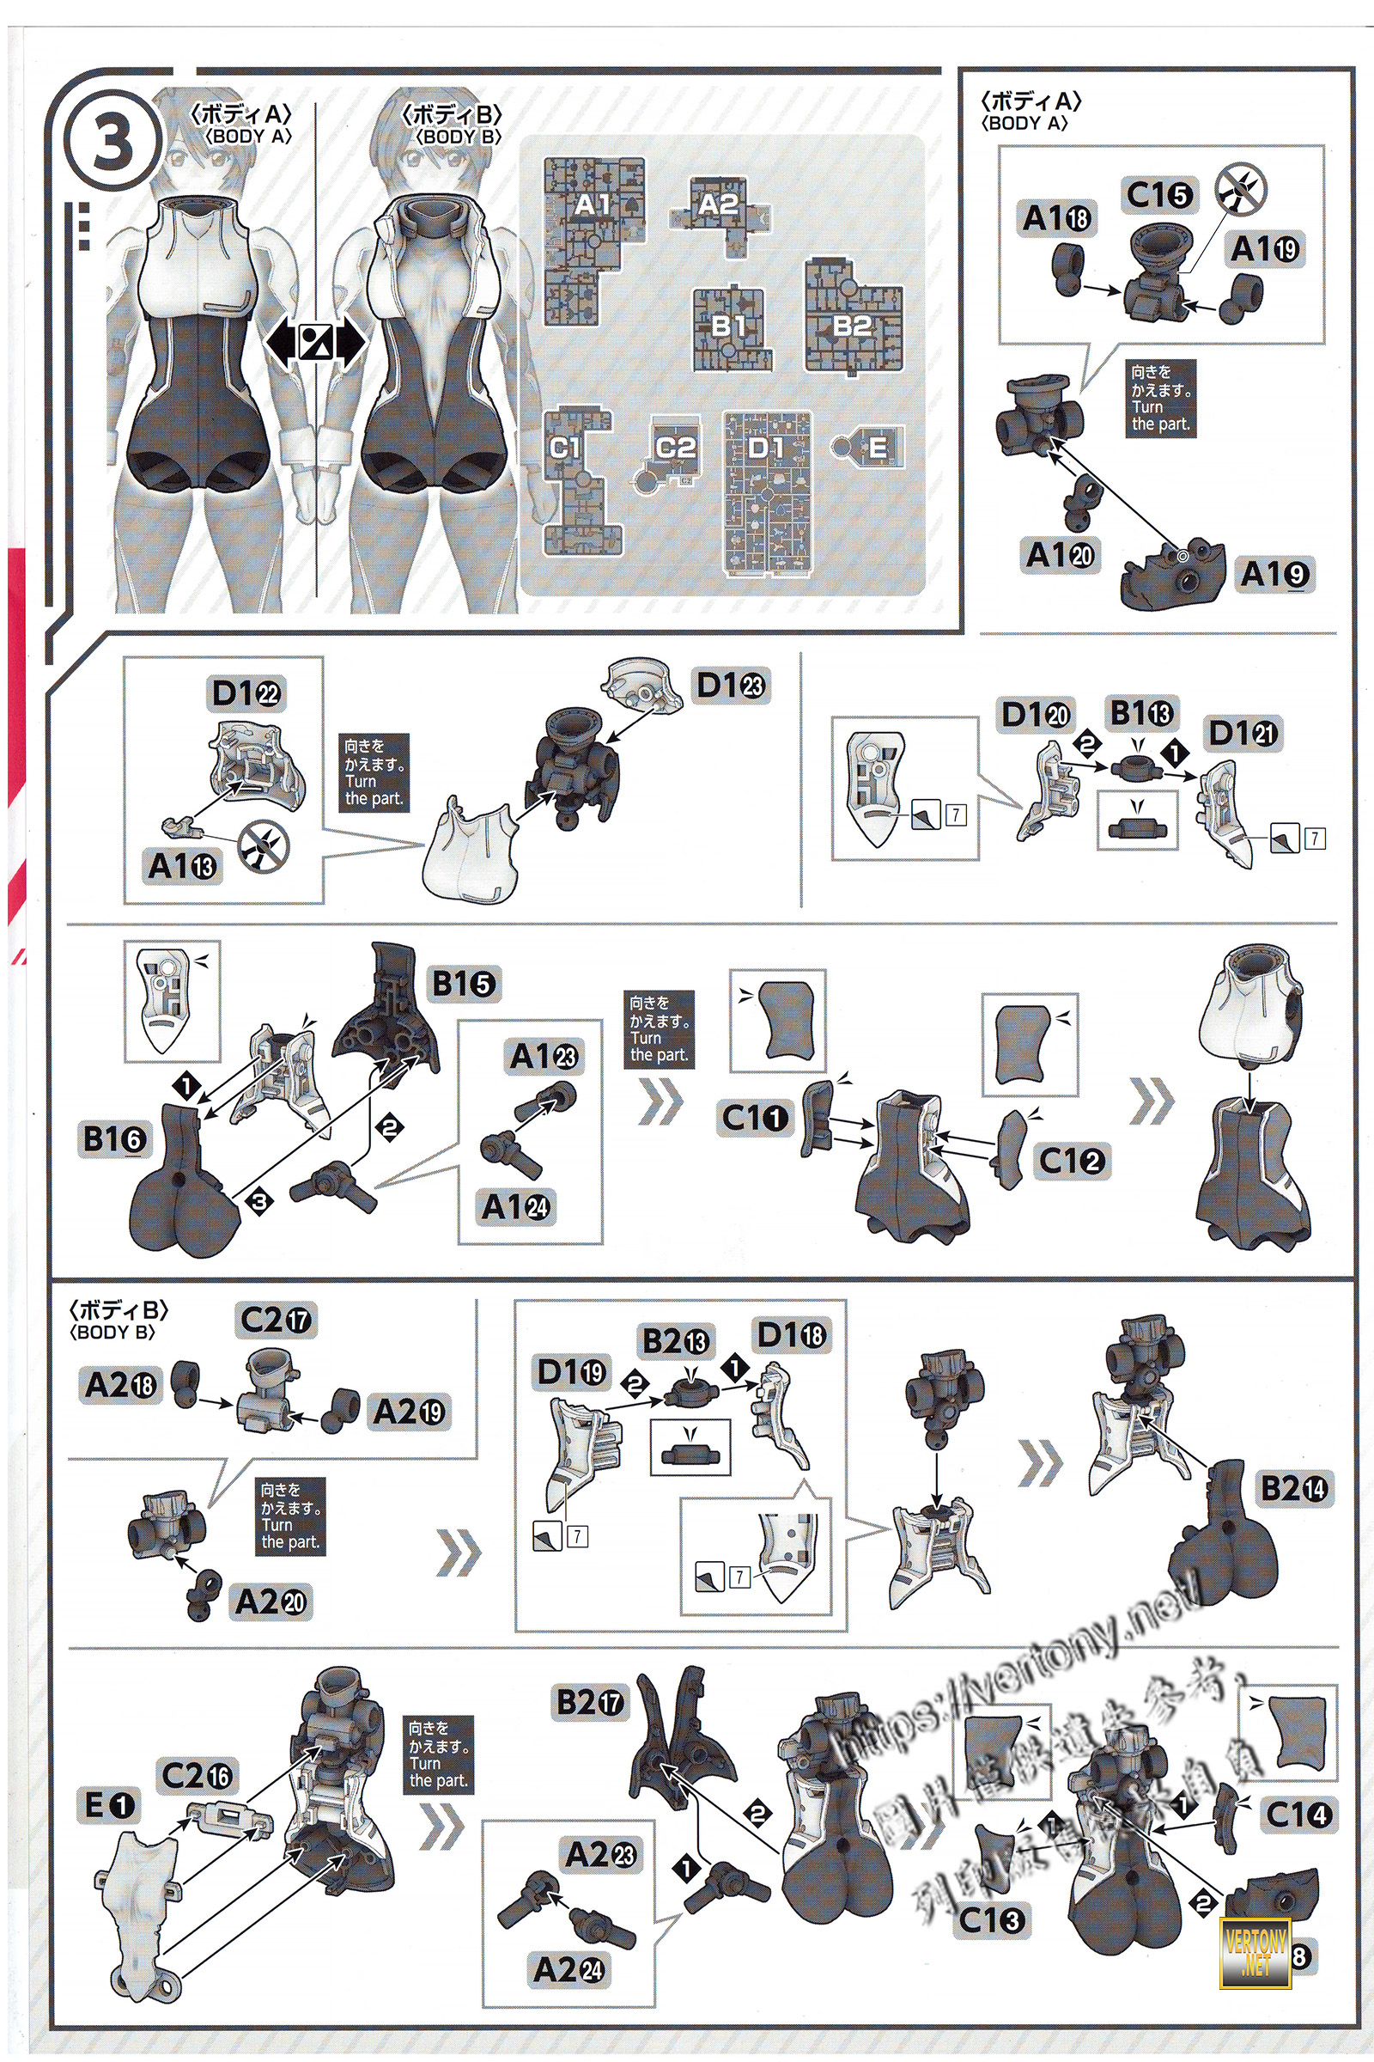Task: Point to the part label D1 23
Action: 730,685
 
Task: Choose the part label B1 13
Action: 1142,714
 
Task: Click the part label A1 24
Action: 516,1207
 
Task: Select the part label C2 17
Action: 275,1320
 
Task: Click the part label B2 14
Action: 1293,1488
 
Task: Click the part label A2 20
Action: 271,1601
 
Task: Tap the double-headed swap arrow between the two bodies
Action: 314,342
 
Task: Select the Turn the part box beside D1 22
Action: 374,772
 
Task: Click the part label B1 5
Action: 464,984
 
